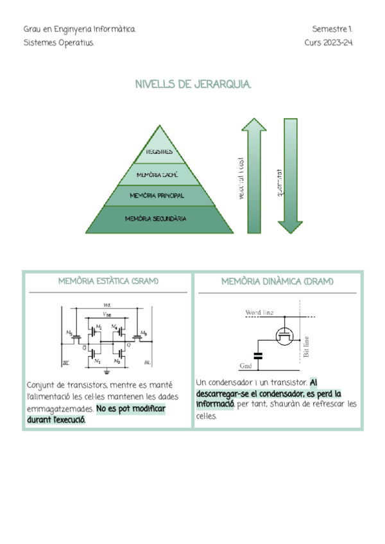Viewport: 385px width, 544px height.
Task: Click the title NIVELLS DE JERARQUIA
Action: pos(193,85)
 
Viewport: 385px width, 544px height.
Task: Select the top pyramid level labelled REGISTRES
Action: pos(158,152)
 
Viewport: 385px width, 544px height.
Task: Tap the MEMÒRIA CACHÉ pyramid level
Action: pos(158,174)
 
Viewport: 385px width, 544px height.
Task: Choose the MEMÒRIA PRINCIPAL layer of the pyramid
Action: pos(158,195)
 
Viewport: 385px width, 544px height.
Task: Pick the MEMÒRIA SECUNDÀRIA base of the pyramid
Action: pos(158,219)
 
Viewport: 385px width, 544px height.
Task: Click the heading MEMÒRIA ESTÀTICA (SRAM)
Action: pos(108,282)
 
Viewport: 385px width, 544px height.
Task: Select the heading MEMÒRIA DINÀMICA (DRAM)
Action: pos(277,282)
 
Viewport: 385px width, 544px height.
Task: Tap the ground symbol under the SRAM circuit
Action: pos(107,370)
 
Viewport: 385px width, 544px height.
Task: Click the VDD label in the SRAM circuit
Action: pos(107,314)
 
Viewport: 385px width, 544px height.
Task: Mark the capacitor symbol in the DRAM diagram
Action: pos(259,355)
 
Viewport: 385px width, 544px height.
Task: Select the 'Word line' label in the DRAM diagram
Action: pos(259,312)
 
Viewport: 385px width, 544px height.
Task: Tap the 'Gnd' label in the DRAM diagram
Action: pos(246,366)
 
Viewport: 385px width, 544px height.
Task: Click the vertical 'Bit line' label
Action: pos(306,347)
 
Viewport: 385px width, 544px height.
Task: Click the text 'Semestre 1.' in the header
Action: pos(332,30)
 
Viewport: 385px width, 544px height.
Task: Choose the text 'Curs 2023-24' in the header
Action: pos(329,43)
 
